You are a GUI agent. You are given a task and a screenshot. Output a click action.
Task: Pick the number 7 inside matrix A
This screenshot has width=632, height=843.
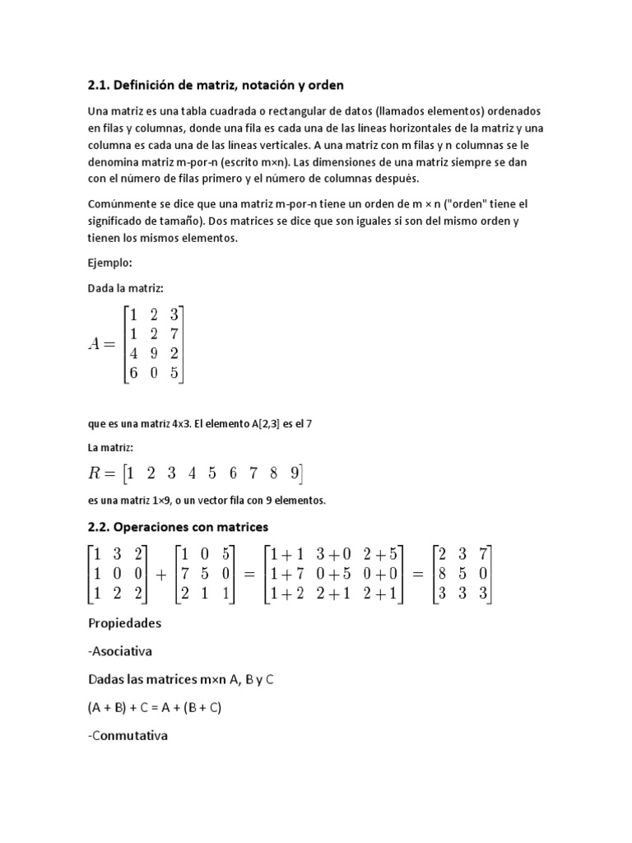(x=173, y=333)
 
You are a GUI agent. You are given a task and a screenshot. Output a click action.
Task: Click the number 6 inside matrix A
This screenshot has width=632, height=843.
(x=129, y=372)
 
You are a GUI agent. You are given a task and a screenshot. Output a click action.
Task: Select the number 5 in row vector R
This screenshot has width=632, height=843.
(x=211, y=473)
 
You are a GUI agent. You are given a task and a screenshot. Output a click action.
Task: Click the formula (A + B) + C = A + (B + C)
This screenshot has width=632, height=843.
(x=155, y=707)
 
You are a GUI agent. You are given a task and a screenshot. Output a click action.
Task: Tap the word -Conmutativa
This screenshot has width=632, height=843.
(x=127, y=735)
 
